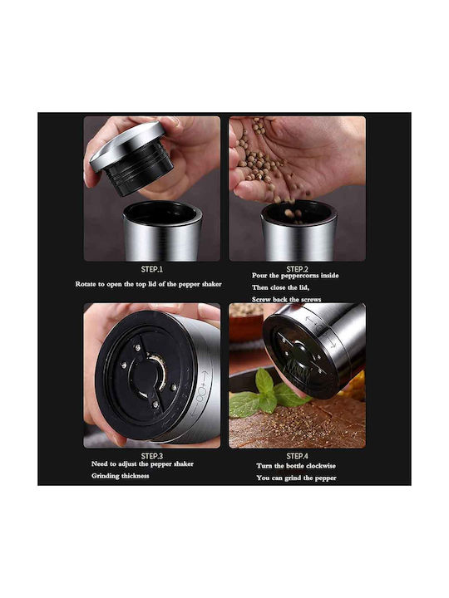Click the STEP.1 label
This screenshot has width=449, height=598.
click(x=152, y=269)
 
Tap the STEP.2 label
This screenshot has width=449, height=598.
click(x=297, y=269)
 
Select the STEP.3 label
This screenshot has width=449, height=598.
click(x=152, y=456)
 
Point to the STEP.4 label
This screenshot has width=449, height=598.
click(x=297, y=456)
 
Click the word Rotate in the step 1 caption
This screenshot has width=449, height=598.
click(x=86, y=284)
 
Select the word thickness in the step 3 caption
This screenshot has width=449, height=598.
click(x=136, y=476)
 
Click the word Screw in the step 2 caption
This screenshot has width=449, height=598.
click(x=261, y=299)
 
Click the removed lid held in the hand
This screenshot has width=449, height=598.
click(x=131, y=158)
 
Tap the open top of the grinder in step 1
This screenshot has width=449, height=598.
click(x=162, y=213)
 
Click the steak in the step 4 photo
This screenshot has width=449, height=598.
click(x=297, y=424)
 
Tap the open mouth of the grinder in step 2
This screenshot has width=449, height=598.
click(x=299, y=212)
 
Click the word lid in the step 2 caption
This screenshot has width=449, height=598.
click(x=303, y=287)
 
